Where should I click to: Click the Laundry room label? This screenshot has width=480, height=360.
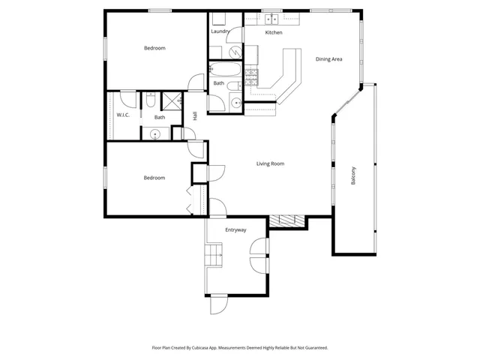pos(220,31)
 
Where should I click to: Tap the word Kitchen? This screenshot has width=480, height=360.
pos(274,33)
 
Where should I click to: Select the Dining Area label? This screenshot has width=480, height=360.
pos(328,59)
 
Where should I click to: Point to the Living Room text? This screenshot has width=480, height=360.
pos(270,163)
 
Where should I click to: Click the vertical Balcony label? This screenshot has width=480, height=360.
pos(353,175)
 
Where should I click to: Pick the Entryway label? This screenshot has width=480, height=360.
pos(235,229)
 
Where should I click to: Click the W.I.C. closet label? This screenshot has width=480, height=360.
pos(123,115)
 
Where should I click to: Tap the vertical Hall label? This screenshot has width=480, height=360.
pos(195,115)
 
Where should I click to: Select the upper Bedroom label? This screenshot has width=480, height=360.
pos(154,48)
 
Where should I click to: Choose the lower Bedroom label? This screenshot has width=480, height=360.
pos(154,178)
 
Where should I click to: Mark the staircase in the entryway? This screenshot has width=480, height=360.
pos(215,255)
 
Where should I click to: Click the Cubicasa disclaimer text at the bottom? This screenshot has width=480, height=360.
pos(240,347)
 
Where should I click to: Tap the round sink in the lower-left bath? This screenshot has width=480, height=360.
pos(155,133)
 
